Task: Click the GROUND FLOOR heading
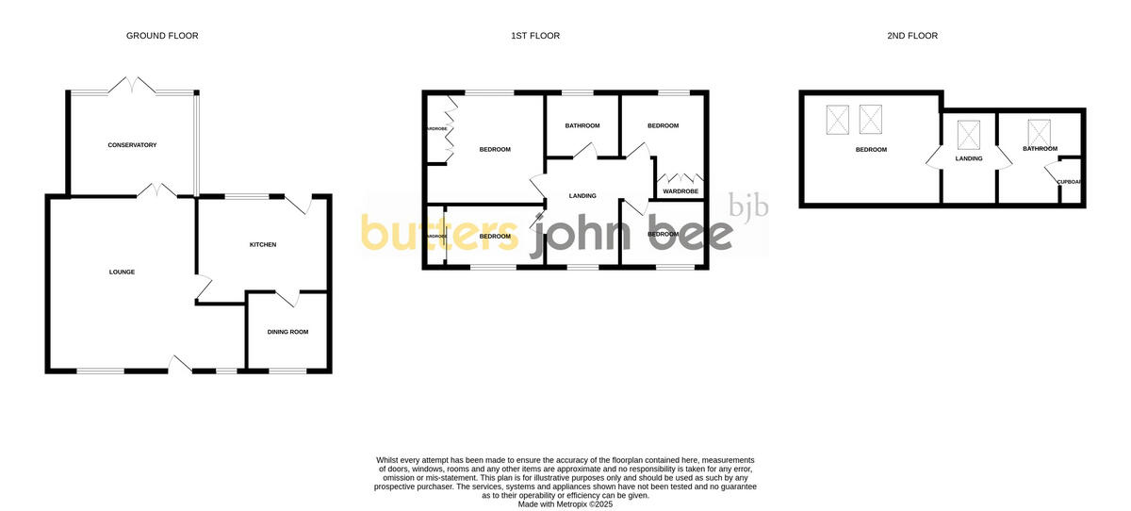tap(162, 36)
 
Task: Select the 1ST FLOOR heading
tap(535, 36)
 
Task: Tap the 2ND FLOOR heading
tap(912, 36)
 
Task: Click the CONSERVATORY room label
tap(132, 145)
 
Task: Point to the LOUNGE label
tap(122, 272)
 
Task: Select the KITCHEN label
tap(263, 245)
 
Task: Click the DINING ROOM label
tap(287, 332)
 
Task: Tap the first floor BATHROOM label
tap(582, 125)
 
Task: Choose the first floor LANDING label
tap(582, 196)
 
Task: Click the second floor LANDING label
tap(969, 158)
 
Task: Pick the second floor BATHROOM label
tap(1041, 149)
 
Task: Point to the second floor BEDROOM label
tap(871, 149)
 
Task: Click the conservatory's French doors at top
tap(132, 86)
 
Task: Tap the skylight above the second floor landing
tap(969, 135)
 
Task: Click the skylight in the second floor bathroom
tap(1039, 130)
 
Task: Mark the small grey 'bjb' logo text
tap(748, 206)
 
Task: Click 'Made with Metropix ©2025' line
tap(565, 504)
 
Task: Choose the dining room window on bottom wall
tap(287, 371)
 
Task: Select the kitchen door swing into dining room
tap(289, 298)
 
